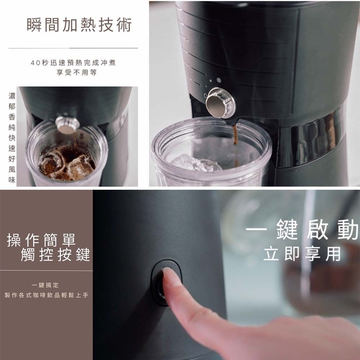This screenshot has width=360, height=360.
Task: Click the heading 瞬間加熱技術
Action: coord(79,25)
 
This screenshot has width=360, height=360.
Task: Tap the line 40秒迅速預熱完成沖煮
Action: coord(73,63)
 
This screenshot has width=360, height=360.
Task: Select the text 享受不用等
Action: coord(77,73)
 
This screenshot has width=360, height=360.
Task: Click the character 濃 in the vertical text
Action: coord(12,96)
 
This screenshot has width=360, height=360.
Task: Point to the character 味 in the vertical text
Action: coord(12,180)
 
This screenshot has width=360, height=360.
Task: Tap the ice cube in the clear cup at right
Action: coord(196,163)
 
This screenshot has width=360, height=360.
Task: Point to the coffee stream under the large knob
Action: coord(235,145)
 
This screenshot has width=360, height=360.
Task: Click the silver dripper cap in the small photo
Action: coord(67,125)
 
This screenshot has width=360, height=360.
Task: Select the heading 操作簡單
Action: coord(41,240)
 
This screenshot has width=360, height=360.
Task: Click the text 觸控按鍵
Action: coord(55,255)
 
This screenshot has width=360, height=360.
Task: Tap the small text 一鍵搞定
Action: coord(45,285)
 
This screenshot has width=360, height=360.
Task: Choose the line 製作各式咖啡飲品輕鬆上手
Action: coord(46,295)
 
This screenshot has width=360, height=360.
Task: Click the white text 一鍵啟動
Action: coord(302,229)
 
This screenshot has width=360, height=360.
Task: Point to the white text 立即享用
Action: coord(302,254)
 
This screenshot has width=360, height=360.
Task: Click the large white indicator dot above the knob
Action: coord(219,80)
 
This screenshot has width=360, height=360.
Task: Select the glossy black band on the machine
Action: coord(310,138)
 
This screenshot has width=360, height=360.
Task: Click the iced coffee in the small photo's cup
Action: coord(67,163)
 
